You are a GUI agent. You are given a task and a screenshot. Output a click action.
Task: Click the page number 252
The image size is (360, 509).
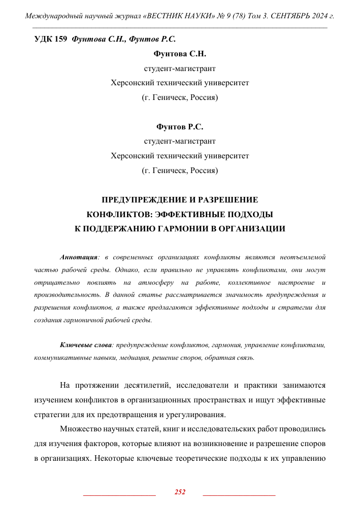pyautogui.click(x=180, y=492)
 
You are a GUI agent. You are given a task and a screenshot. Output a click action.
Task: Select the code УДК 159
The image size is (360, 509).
pyautogui.click(x=50, y=39)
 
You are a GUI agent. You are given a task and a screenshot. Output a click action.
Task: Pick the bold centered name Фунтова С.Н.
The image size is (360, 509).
pyautogui.click(x=180, y=53)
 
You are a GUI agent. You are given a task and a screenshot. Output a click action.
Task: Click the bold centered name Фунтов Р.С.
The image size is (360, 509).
pyautogui.click(x=180, y=126)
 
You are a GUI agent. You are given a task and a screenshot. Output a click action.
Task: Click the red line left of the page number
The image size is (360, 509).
pyautogui.click(x=119, y=494)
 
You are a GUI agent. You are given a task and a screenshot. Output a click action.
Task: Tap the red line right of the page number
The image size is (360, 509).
pyautogui.click(x=239, y=494)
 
